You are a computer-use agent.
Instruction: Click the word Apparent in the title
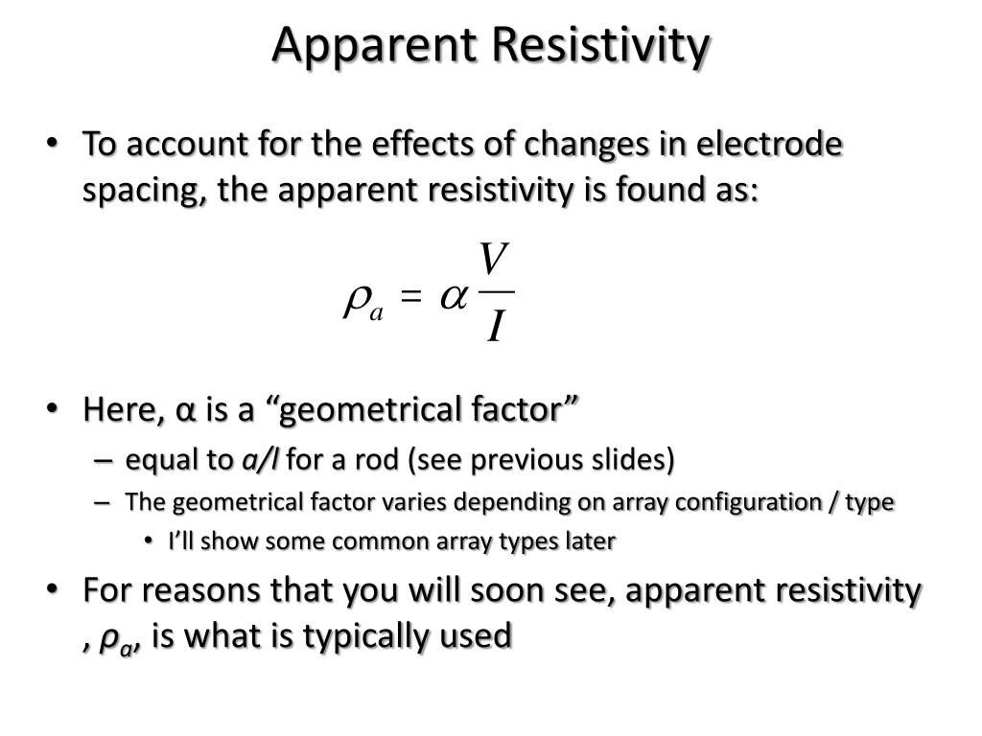[x=374, y=45]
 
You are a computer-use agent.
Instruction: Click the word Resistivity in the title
[x=599, y=45]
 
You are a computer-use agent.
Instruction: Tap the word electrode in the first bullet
[x=769, y=144]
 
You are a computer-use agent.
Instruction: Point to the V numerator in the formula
[x=493, y=259]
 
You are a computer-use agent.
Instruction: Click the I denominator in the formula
[x=496, y=327]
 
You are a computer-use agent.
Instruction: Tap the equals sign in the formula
[x=410, y=296]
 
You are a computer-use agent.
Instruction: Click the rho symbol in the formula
[x=356, y=301]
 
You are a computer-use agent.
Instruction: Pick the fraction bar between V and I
[x=496, y=292]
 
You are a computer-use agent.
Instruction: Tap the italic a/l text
[x=260, y=459]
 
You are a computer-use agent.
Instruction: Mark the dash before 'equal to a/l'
[x=104, y=461]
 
